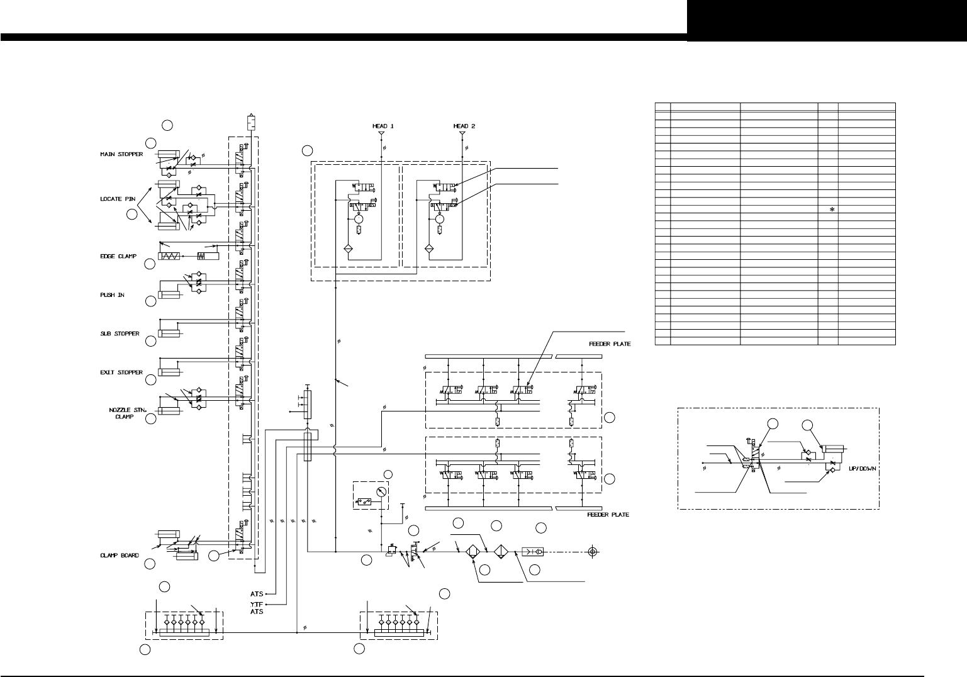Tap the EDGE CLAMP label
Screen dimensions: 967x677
[x=118, y=257]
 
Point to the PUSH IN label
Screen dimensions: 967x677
[x=112, y=294]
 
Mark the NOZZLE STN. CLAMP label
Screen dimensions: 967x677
[x=123, y=413]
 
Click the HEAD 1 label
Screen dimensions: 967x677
[x=383, y=126]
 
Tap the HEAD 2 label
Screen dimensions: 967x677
[x=464, y=126]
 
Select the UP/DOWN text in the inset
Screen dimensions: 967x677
[x=861, y=469]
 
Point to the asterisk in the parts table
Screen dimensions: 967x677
[x=832, y=211]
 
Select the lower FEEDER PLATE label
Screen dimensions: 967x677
[x=608, y=515]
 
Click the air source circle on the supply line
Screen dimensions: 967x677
[x=591, y=552]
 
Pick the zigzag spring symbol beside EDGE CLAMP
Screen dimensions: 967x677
[x=169, y=257]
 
